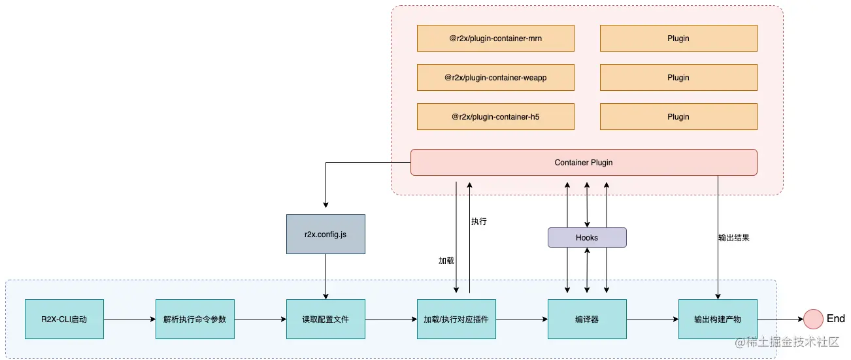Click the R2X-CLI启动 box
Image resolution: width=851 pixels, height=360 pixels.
pos(64,319)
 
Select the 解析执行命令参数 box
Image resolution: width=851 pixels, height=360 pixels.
pos(195,319)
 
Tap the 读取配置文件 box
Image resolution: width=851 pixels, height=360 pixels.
pos(325,319)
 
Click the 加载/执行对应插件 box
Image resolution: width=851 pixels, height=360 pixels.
pos(456,319)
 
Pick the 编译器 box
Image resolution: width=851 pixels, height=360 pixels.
pos(587,319)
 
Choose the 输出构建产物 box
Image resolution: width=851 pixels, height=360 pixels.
pos(718,319)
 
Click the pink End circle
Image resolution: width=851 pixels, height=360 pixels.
pos(813,319)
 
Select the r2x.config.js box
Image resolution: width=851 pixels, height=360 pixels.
pos(325,234)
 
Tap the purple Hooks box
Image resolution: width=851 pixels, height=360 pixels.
pos(587,238)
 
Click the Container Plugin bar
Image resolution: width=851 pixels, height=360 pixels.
pos(584,162)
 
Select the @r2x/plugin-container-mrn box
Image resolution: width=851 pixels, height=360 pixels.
pos(495,39)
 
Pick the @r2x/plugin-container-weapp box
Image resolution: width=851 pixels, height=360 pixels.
pos(495,78)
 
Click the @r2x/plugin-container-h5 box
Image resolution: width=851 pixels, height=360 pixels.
pos(495,117)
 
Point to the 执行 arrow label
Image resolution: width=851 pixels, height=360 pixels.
pos(479,221)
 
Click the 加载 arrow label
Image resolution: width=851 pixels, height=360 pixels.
pos(446,261)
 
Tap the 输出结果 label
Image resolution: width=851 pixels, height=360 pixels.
pos(733,238)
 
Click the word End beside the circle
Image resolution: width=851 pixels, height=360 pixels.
pos(836,319)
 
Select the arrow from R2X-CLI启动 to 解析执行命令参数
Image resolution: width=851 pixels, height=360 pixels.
pos(129,319)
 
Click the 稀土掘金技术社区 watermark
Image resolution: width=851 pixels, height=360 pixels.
pos(792,342)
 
